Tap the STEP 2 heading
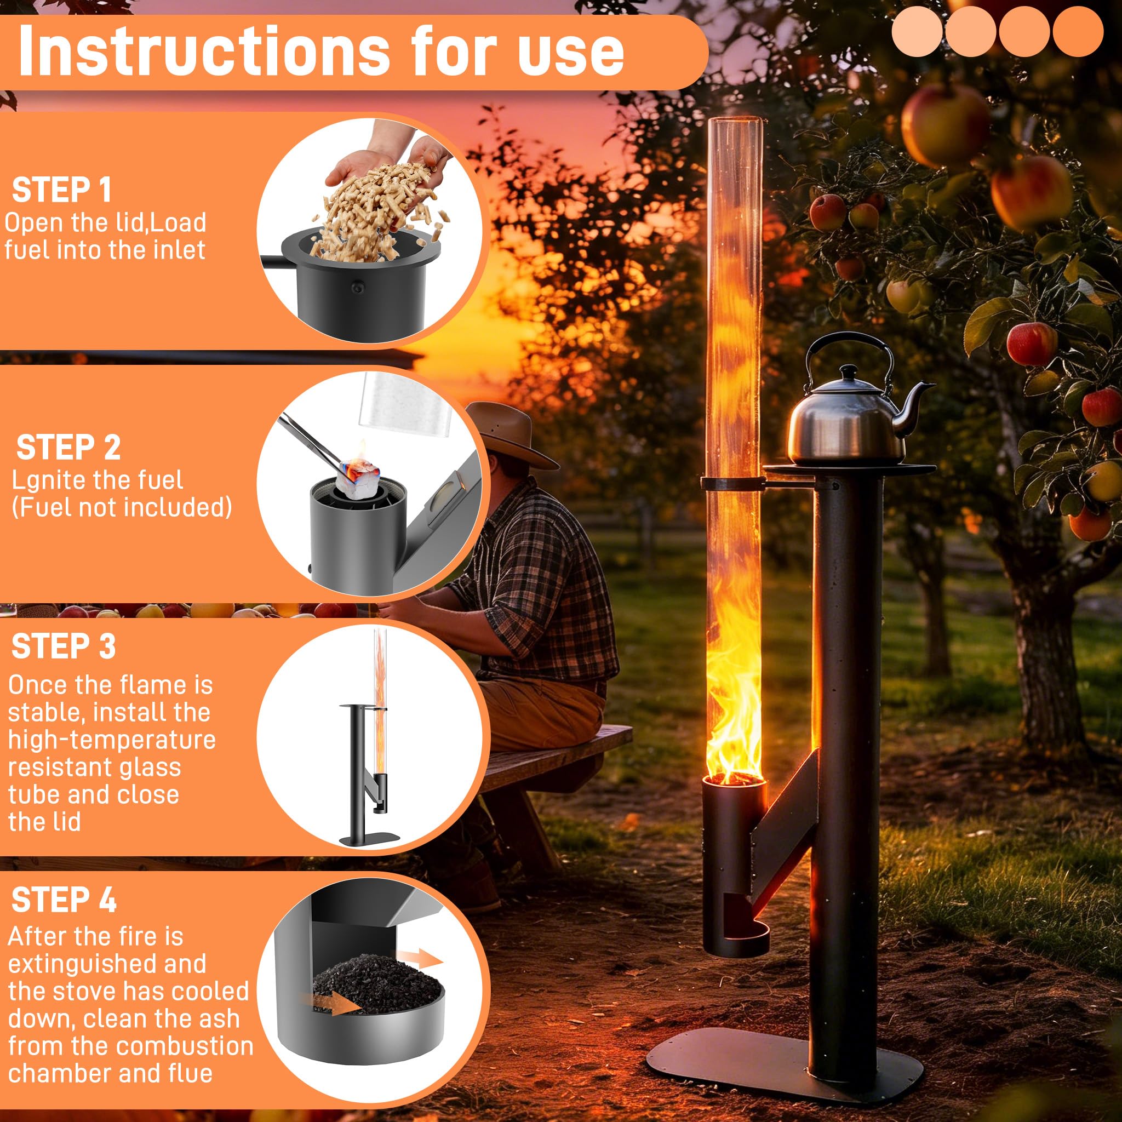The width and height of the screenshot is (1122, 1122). (x=68, y=447)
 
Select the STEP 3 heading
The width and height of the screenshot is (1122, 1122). (x=64, y=646)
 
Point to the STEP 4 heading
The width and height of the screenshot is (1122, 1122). (x=64, y=900)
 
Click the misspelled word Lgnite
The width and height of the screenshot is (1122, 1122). (x=56, y=480)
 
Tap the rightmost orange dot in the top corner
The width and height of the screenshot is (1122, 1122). (x=1077, y=31)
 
